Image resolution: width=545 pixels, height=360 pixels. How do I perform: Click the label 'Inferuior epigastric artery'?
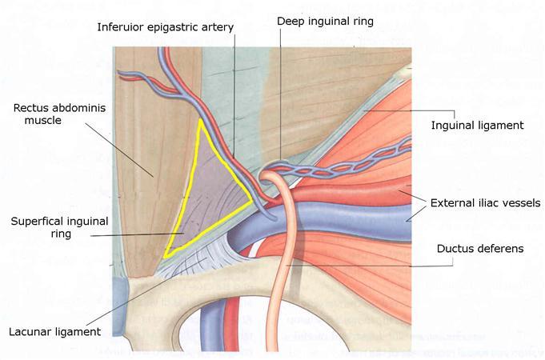[165, 27]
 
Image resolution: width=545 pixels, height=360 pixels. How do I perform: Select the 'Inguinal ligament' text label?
[476, 126]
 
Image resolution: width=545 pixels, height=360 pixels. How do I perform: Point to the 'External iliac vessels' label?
[486, 202]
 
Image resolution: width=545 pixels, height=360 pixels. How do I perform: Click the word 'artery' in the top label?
[217, 27]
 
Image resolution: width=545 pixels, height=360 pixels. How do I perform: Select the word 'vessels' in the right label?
[520, 202]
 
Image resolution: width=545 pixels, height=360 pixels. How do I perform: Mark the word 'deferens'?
[502, 249]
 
